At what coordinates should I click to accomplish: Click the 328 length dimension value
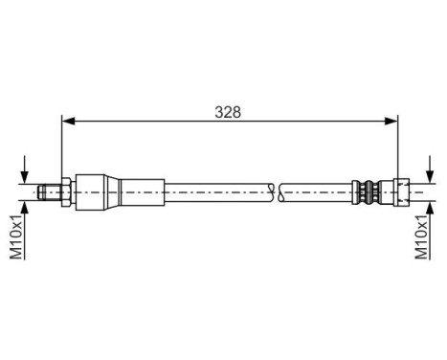click(228, 111)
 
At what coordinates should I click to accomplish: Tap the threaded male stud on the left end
click(49, 191)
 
